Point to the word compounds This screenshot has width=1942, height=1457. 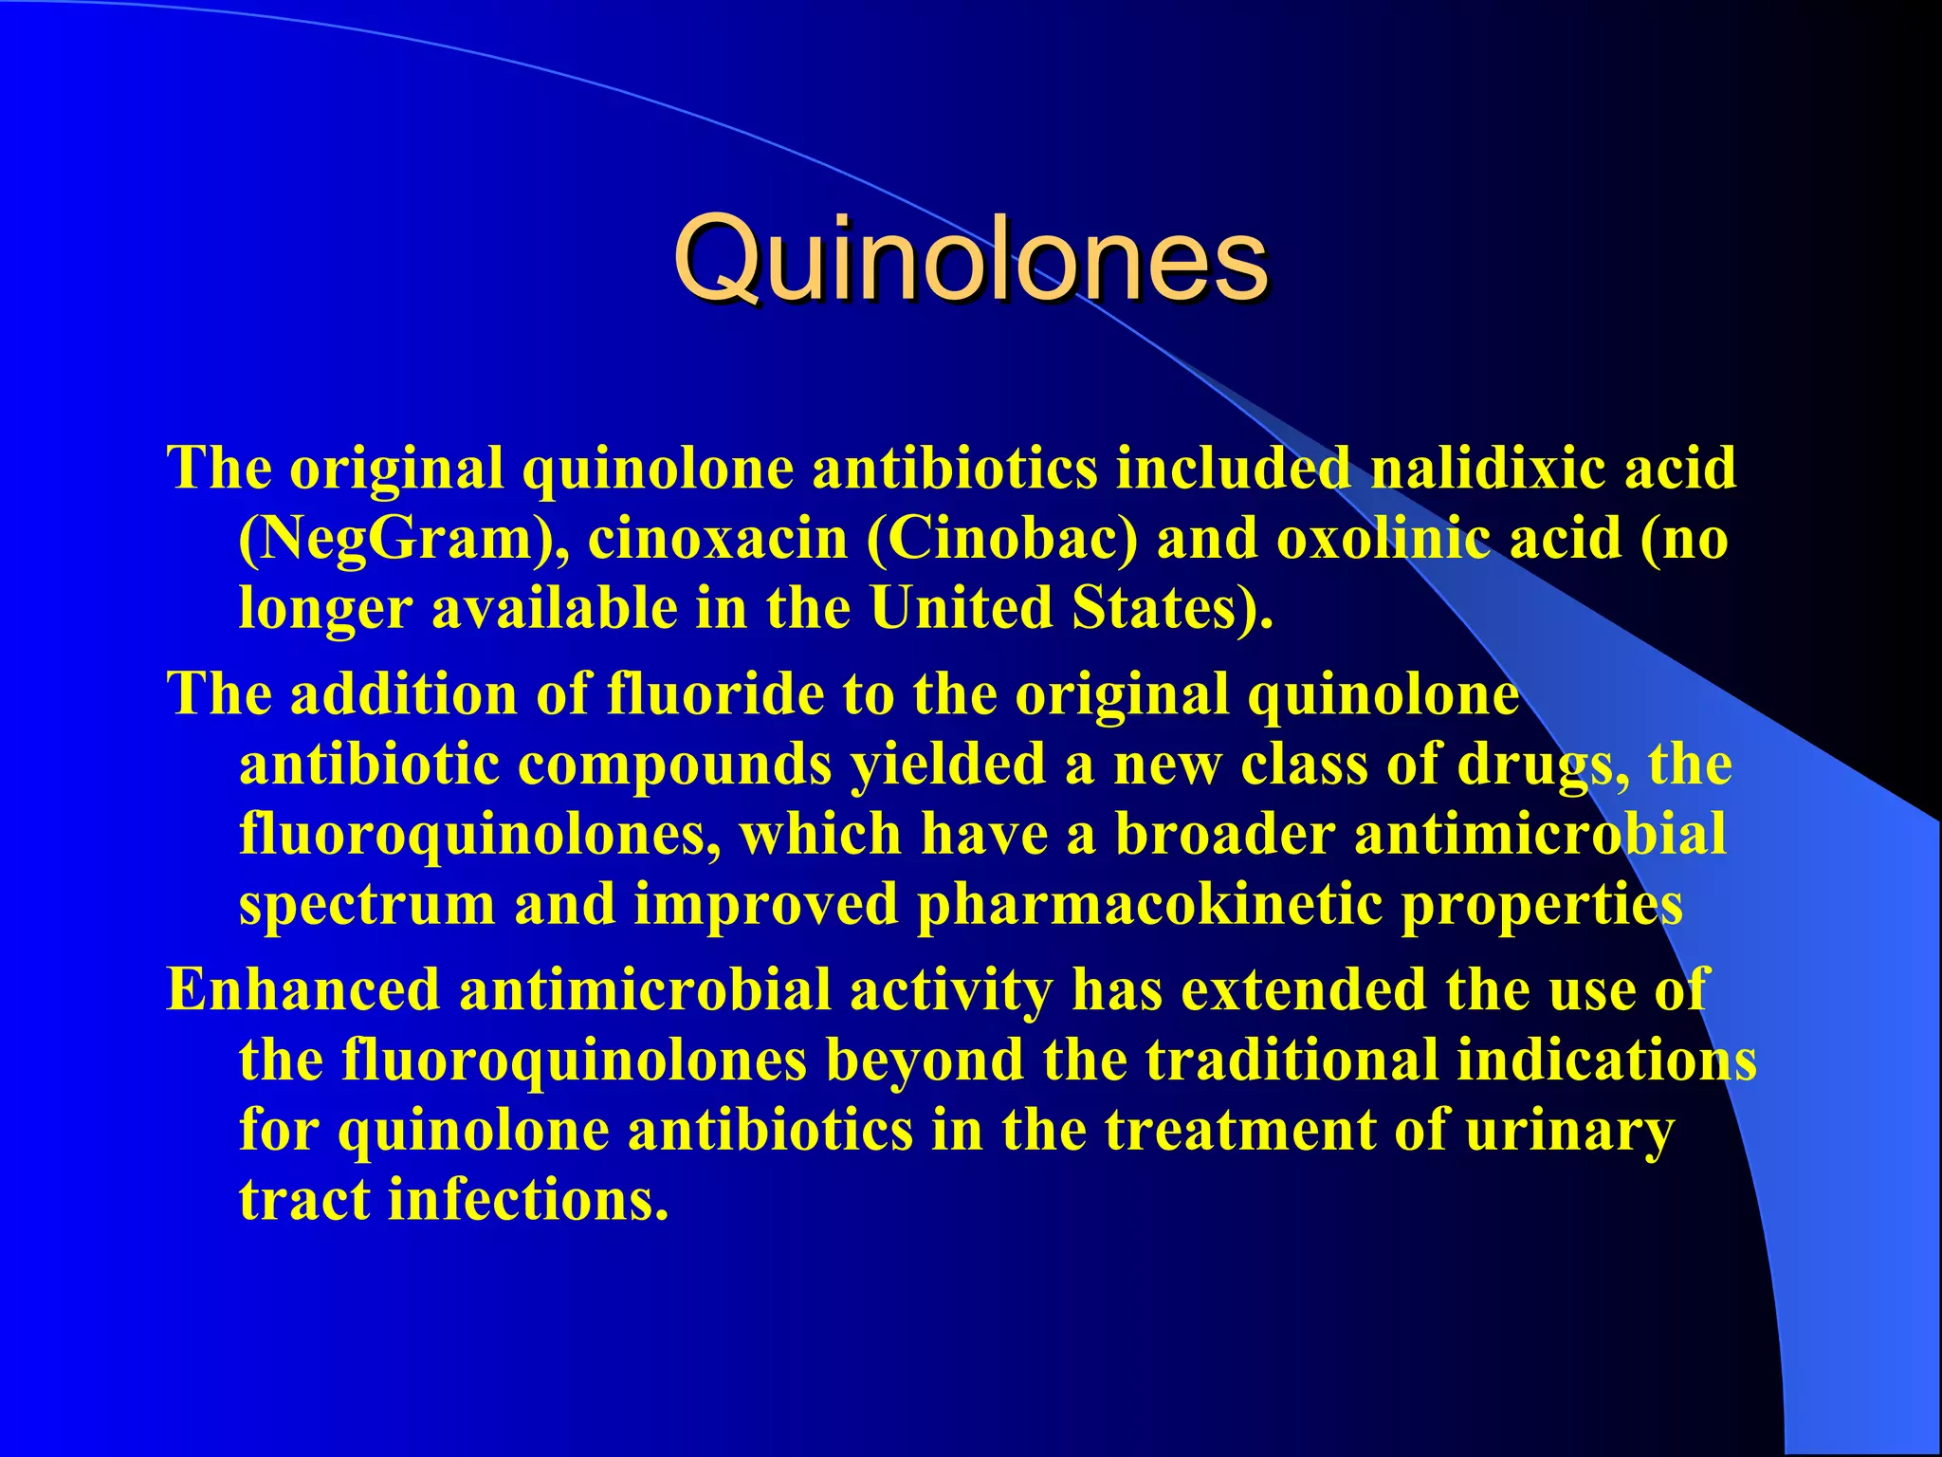[x=675, y=764]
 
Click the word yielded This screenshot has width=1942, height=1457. [x=948, y=764]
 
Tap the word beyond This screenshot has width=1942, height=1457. [x=925, y=1060]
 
